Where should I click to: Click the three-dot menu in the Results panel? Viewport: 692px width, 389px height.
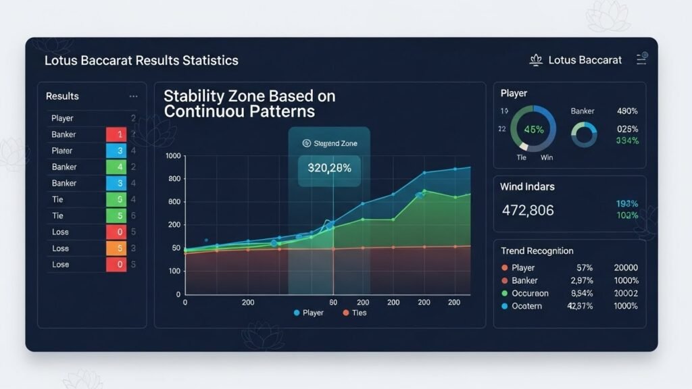pos(133,97)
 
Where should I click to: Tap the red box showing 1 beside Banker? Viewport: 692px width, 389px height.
pos(116,134)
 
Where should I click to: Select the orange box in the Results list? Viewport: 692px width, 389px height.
pos(116,248)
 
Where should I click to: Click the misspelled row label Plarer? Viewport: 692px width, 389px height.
pos(61,151)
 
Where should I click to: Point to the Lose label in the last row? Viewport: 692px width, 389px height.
pos(60,264)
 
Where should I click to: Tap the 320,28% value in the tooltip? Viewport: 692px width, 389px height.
pos(329,168)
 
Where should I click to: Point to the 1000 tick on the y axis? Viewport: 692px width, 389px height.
pos(173,156)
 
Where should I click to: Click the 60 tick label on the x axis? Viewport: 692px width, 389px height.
pos(333,303)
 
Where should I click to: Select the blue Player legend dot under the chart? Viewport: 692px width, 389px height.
pos(297,313)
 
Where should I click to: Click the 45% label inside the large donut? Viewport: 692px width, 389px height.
pos(533,130)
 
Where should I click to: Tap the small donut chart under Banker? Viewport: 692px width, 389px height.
pos(584,134)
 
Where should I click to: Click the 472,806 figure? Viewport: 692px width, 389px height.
pos(528,210)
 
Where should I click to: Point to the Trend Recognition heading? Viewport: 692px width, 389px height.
pos(537,251)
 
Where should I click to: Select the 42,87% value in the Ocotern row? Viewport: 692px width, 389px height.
pos(582,306)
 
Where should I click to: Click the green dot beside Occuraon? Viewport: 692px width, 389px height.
pos(505,294)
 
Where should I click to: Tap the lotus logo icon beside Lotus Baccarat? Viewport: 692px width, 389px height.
pos(536,60)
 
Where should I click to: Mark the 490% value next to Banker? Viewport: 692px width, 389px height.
pos(627,111)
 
